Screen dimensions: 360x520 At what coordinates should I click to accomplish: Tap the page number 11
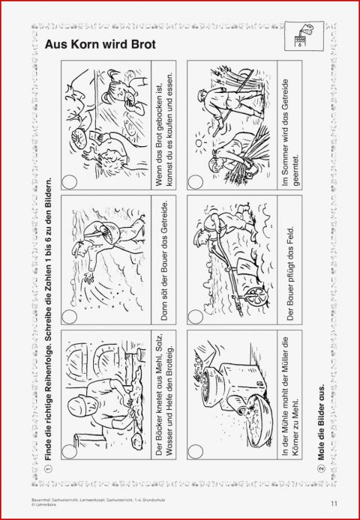(x=334, y=504)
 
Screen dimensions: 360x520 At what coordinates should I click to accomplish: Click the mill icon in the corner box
(x=303, y=36)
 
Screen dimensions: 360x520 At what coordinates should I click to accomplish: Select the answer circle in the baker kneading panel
(x=69, y=452)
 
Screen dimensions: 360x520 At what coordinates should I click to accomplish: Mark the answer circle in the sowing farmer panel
(x=69, y=317)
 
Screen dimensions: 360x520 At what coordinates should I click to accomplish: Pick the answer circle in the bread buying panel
(x=69, y=182)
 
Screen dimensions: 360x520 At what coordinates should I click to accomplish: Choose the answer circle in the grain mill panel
(x=195, y=452)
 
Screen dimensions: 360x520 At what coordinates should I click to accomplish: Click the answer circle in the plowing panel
(x=195, y=317)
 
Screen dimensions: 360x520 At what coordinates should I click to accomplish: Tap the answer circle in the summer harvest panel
(x=195, y=182)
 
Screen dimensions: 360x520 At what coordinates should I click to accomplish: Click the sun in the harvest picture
(x=199, y=143)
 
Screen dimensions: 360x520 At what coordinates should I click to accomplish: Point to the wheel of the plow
(x=255, y=295)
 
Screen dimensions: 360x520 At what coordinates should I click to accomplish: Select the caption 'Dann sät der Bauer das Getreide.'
(x=164, y=261)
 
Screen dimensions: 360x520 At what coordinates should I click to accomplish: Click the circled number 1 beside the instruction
(x=48, y=468)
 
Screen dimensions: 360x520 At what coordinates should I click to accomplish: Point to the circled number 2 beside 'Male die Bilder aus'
(x=321, y=468)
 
